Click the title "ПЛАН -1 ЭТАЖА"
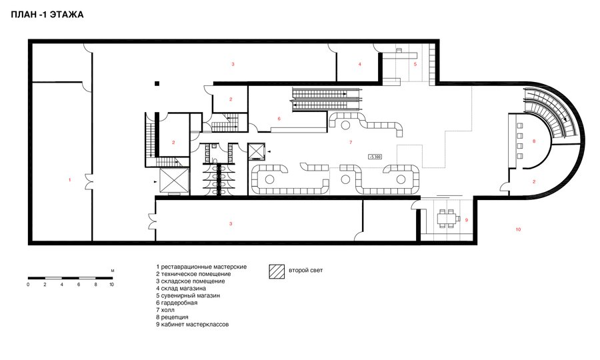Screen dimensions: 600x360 coord(47,15)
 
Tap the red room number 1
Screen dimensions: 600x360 coord(69,180)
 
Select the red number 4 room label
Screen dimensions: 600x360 coord(360,64)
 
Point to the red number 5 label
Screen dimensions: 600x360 coord(415,64)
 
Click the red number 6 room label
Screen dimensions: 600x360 coord(279,119)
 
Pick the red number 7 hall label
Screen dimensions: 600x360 coord(351,143)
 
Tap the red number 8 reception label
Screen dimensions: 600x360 coord(534,141)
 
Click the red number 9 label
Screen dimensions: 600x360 coord(467,221)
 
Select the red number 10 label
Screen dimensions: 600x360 coord(518,229)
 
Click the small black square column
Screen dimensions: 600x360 coord(157,84)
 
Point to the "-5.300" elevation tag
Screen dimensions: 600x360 coord(375,157)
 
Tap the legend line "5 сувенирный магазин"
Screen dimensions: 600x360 coord(188,296)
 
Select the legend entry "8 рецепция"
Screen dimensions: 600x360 coord(172,317)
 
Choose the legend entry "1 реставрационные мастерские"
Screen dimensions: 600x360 coord(201,267)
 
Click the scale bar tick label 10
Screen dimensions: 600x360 coord(111,285)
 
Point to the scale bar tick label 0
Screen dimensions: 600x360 coord(28,285)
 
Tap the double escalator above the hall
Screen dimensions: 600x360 coord(326,99)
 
